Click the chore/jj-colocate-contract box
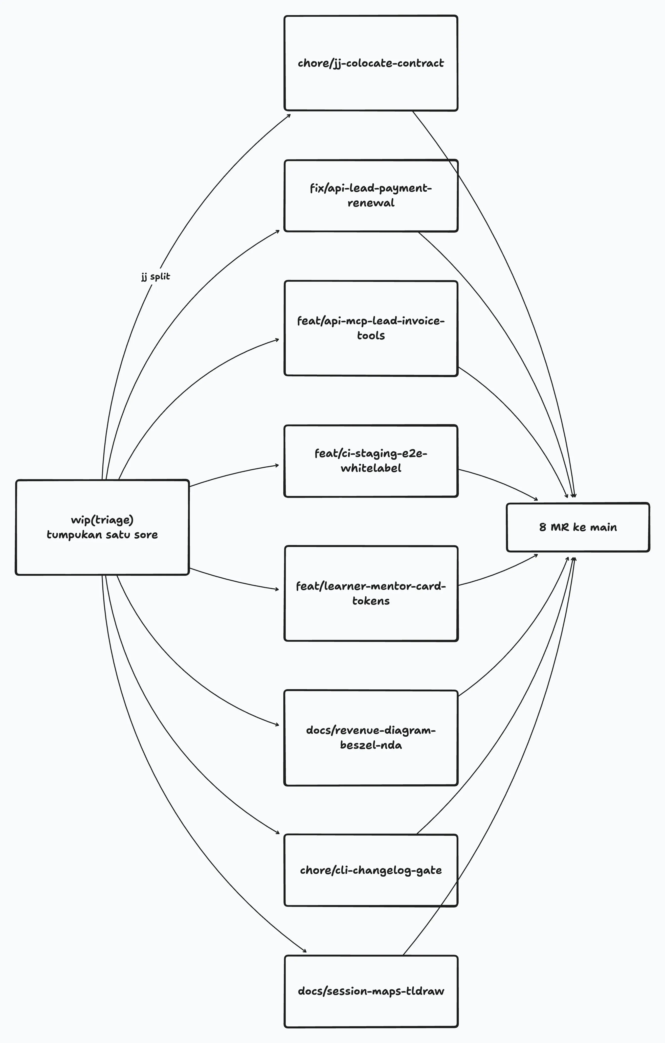tap(371, 63)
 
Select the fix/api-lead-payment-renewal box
tap(371, 196)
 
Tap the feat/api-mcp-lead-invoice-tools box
tap(371, 328)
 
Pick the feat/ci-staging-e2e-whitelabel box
tap(371, 461)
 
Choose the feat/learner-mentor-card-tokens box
tap(371, 593)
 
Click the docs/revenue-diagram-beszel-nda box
tap(371, 738)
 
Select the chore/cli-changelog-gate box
tap(371, 870)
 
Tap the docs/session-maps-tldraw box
tap(371, 991)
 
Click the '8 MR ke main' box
tap(578, 527)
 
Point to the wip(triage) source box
tap(102, 527)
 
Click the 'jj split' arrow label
tap(156, 276)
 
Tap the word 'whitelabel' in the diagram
tap(371, 468)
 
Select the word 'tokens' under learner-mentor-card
tap(371, 601)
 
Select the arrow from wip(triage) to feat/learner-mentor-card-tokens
tap(234, 581)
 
